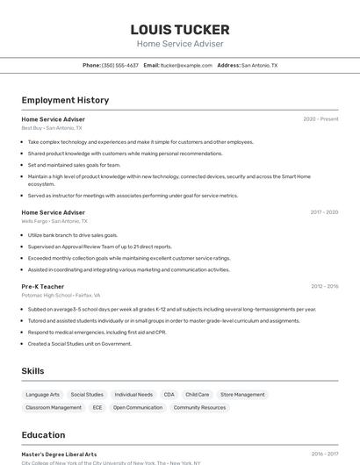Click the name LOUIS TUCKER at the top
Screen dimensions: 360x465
click(180, 30)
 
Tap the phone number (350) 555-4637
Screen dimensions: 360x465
click(120, 65)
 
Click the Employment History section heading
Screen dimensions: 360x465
click(65, 101)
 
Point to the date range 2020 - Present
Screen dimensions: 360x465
click(320, 119)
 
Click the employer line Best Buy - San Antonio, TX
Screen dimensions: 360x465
click(52, 128)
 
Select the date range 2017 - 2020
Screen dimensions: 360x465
click(324, 212)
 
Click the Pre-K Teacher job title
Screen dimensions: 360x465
click(43, 286)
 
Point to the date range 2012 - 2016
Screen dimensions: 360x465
click(324, 286)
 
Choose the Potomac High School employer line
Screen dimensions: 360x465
click(61, 296)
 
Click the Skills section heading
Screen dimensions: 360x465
click(33, 371)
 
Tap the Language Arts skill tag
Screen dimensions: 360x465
click(43, 395)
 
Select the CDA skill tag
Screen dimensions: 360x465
click(169, 395)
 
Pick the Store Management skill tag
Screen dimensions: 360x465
click(242, 395)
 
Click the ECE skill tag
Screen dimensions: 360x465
click(97, 407)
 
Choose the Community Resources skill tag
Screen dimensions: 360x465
click(199, 407)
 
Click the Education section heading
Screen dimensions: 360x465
click(44, 435)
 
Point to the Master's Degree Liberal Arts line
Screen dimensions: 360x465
click(60, 454)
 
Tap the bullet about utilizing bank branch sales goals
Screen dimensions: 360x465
click(73, 235)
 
